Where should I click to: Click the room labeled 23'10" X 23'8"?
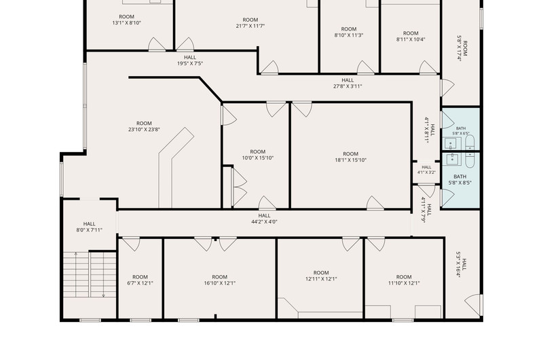[x=144, y=126]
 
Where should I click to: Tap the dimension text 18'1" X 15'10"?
[x=350, y=160]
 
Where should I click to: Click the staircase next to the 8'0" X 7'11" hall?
[x=90, y=274]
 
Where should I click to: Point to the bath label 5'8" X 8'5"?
[x=460, y=179]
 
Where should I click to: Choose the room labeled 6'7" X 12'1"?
[x=140, y=280]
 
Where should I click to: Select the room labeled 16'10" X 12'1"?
[x=219, y=280]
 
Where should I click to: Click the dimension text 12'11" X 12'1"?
[x=321, y=278]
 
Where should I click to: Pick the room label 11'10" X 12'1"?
[x=404, y=280]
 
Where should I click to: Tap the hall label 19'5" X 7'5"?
[x=190, y=60]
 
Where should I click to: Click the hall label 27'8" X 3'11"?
[x=348, y=83]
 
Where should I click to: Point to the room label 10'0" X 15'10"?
[x=258, y=155]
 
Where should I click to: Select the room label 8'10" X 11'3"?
[x=349, y=32]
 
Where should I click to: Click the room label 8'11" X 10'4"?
[x=411, y=36]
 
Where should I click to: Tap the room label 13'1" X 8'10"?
[x=127, y=20]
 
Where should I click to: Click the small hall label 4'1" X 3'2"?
[x=426, y=170]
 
